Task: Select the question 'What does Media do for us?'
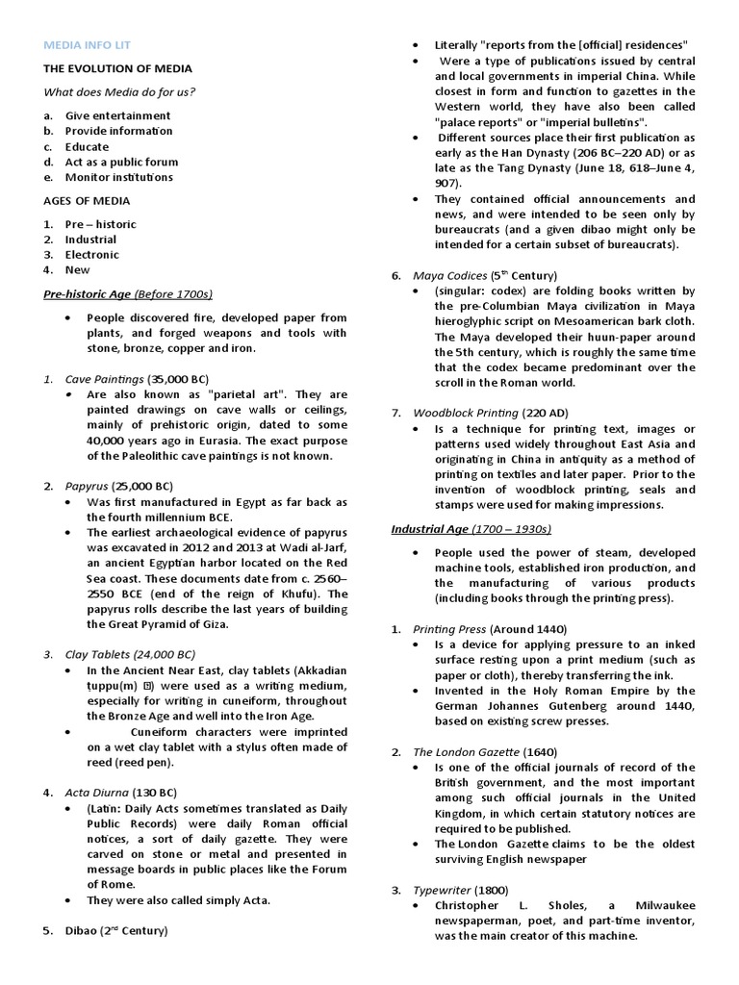pyautogui.click(x=119, y=92)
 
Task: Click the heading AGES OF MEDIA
pyautogui.click(x=87, y=201)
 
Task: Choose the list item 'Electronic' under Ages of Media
pyautogui.click(x=92, y=255)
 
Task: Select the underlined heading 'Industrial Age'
pyautogui.click(x=430, y=529)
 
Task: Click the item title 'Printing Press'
pyautogui.click(x=452, y=628)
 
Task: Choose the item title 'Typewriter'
pyautogui.click(x=441, y=890)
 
